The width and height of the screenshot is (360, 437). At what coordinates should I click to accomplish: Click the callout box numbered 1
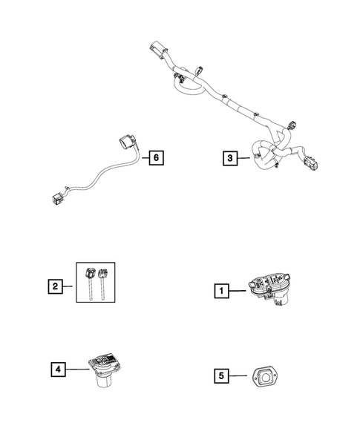click(x=221, y=292)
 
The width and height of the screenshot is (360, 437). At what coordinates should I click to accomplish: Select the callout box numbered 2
click(x=54, y=284)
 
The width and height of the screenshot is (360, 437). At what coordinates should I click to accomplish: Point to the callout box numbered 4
click(x=58, y=367)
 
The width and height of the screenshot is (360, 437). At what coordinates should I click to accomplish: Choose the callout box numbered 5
click(x=220, y=376)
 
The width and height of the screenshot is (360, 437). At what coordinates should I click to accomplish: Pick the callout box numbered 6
click(x=154, y=157)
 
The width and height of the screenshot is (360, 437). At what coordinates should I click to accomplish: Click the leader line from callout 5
click(x=238, y=376)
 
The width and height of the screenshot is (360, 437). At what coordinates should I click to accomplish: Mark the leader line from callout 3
click(x=246, y=157)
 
